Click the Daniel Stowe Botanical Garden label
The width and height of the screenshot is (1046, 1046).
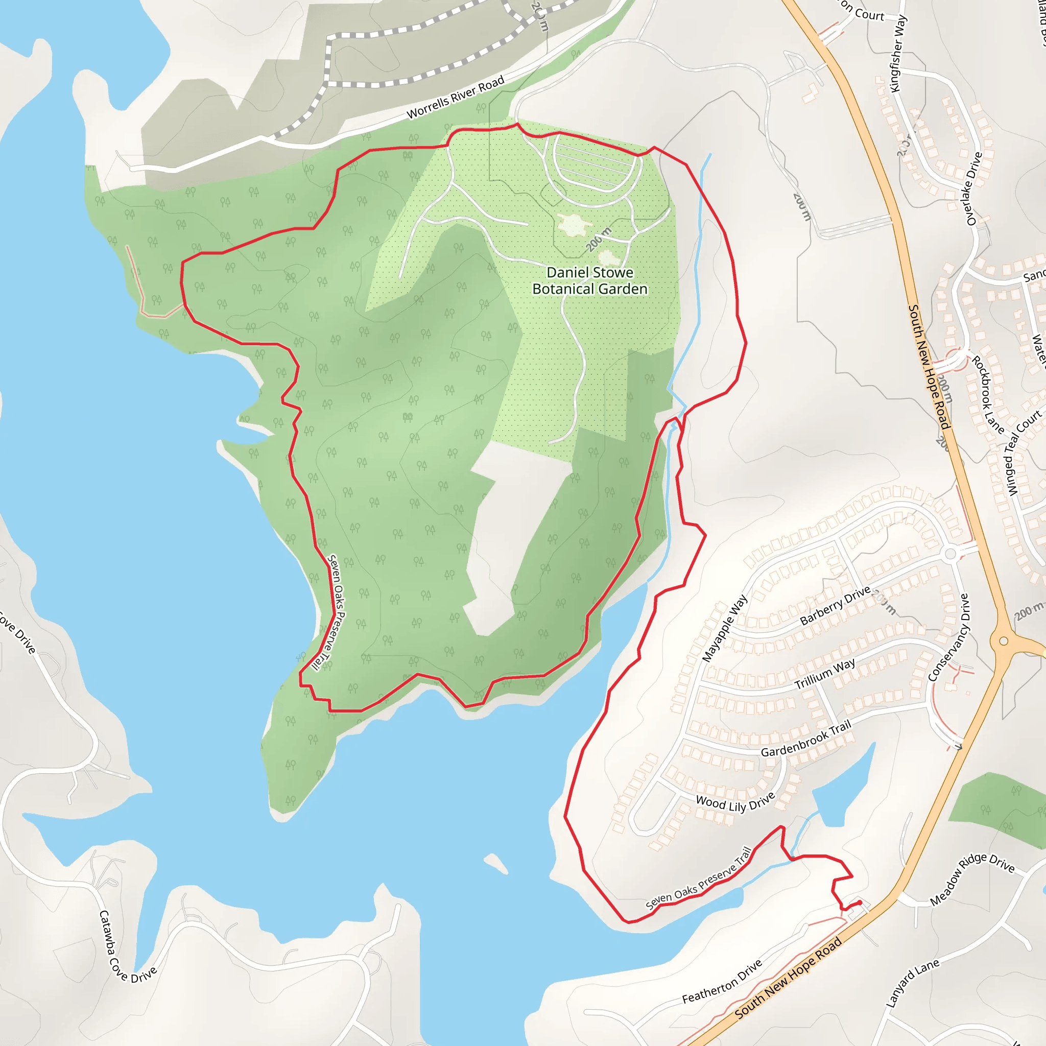589,280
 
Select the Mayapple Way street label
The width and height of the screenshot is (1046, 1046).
724,628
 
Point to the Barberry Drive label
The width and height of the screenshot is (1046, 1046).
835,605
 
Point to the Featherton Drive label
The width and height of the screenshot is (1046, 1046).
722,981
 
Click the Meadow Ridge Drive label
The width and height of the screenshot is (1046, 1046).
972,878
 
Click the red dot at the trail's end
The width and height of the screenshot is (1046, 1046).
860,902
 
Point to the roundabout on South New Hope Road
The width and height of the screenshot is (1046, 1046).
1003,641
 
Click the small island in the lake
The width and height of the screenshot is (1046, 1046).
495,863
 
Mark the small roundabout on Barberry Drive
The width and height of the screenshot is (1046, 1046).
950,554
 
